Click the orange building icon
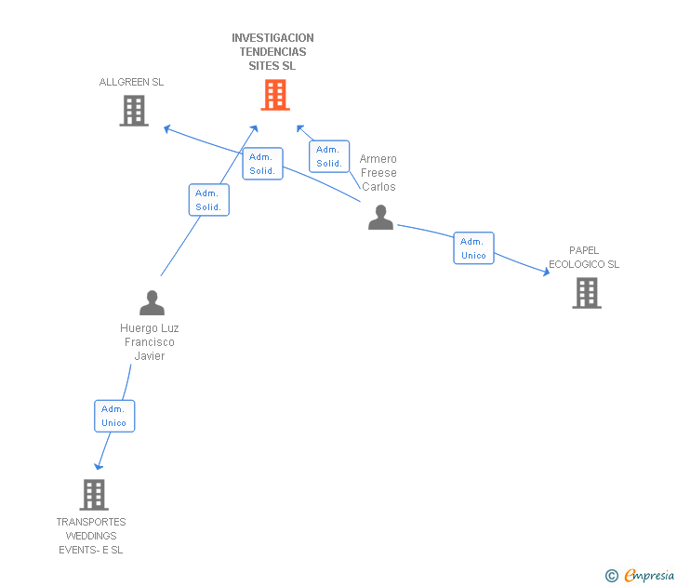(274, 94)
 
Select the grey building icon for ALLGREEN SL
(134, 111)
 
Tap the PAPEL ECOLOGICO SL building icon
(586, 293)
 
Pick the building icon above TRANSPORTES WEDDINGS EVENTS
(94, 495)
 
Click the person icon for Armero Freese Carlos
(380, 218)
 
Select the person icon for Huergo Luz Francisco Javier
(152, 302)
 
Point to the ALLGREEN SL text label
(131, 82)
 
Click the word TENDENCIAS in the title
(272, 52)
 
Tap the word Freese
(378, 173)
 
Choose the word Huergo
(137, 328)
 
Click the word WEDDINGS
(91, 536)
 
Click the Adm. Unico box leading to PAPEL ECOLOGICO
(473, 248)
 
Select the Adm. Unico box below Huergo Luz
(114, 416)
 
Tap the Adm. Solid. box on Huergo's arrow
(209, 200)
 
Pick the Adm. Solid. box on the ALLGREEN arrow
(262, 164)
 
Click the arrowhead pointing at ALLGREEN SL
(166, 127)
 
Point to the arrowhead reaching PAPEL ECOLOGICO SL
(547, 272)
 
